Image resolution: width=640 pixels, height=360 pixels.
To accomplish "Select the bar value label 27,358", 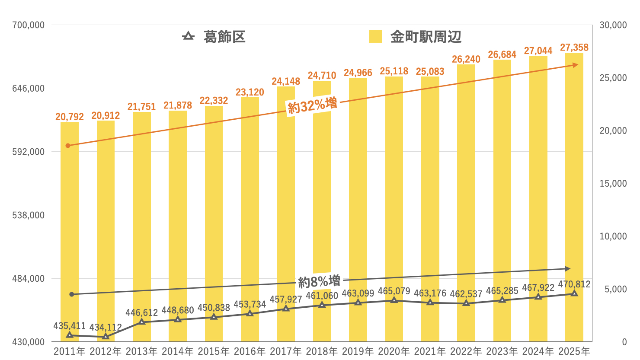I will pyautogui.click(x=574, y=48).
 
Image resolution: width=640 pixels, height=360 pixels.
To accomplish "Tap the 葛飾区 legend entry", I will pyautogui.click(x=214, y=37).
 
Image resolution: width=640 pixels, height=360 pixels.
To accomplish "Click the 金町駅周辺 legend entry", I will pyautogui.click(x=416, y=37).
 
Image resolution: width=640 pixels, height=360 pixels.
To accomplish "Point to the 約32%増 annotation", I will pyautogui.click(x=312, y=105).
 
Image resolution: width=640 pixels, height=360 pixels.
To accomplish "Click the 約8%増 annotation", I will pyautogui.click(x=319, y=281).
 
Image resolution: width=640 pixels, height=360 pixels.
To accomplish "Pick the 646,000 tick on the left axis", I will pyautogui.click(x=29, y=89).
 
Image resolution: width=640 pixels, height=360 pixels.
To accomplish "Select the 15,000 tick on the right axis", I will pyautogui.click(x=613, y=184).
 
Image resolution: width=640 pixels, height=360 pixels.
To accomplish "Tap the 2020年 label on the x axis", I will pyautogui.click(x=394, y=351).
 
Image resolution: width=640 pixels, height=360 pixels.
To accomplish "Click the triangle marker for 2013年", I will pyautogui.click(x=142, y=322).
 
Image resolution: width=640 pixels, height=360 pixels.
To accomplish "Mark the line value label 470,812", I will pyautogui.click(x=574, y=284).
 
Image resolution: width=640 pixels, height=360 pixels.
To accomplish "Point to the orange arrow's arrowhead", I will pyautogui.click(x=576, y=65).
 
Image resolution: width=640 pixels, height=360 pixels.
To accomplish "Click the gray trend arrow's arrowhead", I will pyautogui.click(x=568, y=269).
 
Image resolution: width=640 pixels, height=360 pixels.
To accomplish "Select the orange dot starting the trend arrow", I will pyautogui.click(x=68, y=146).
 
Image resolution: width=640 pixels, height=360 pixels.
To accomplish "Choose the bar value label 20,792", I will pyautogui.click(x=70, y=117).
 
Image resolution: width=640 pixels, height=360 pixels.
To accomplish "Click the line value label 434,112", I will pyautogui.click(x=106, y=328).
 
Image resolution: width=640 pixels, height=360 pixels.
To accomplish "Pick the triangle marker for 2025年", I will pyautogui.click(x=574, y=293).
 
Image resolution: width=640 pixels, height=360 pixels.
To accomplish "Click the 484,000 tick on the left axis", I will pyautogui.click(x=29, y=279).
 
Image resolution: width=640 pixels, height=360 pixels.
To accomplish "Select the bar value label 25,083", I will pyautogui.click(x=430, y=72).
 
